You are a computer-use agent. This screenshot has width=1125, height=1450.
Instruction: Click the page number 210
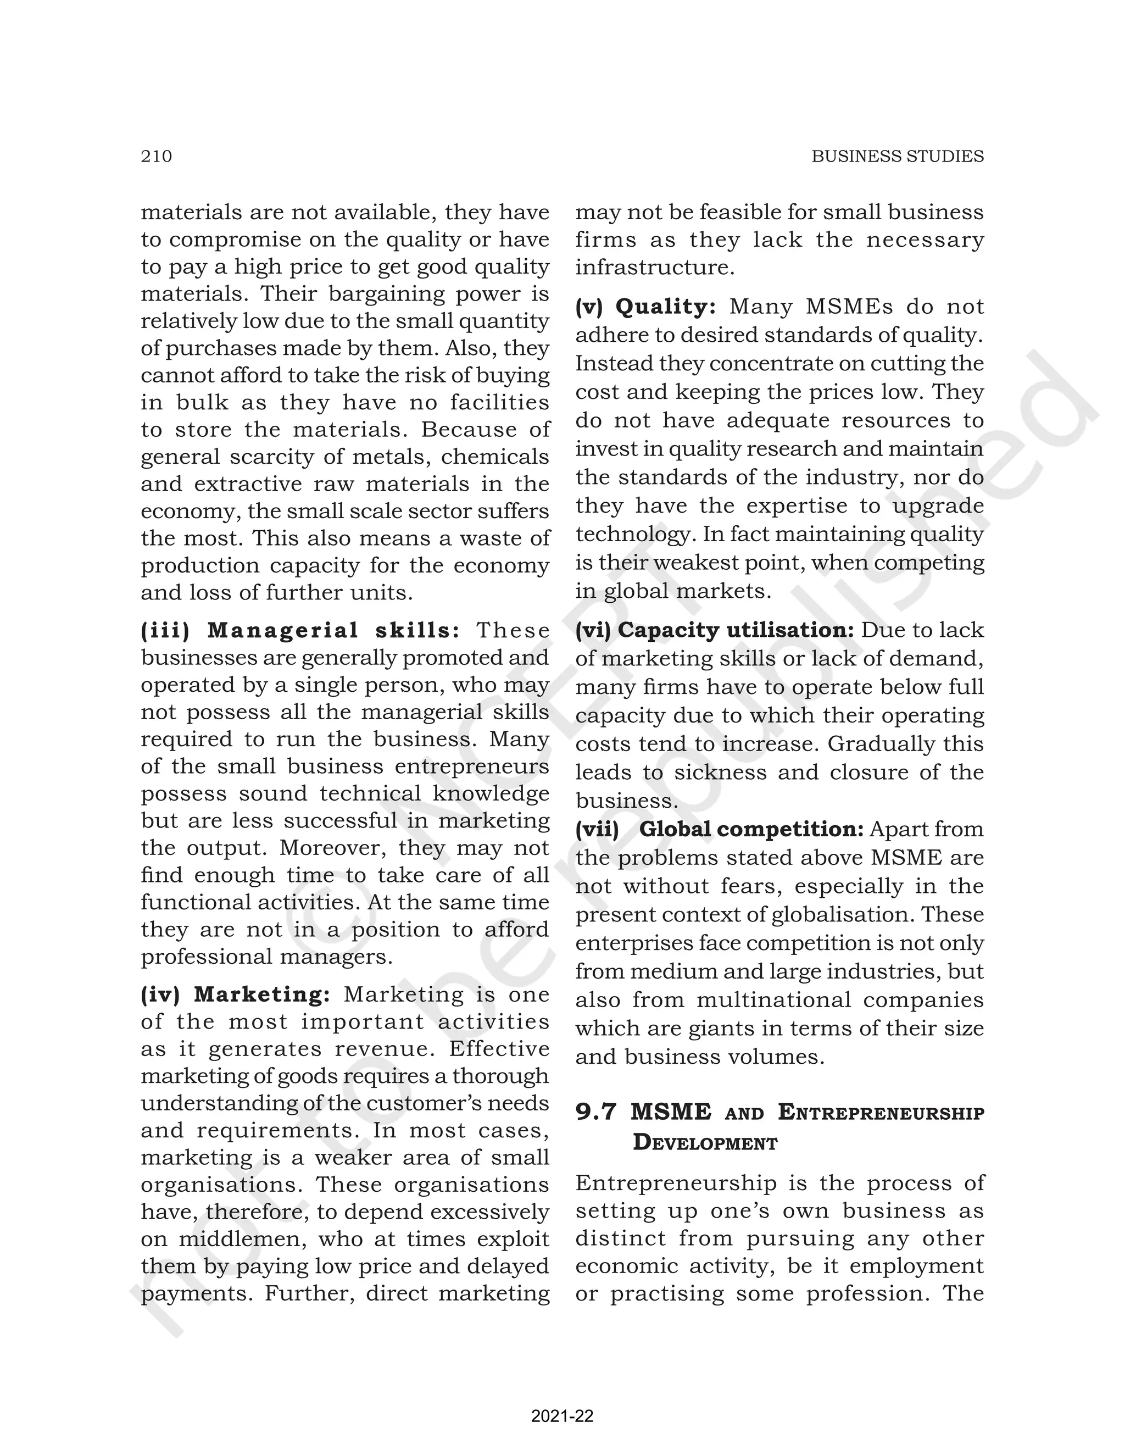tap(156, 156)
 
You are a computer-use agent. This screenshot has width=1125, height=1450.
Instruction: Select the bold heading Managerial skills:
tap(334, 630)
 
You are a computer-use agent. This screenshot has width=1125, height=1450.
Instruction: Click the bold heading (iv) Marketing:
tap(236, 994)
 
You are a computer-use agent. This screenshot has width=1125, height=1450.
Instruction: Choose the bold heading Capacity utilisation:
tap(736, 630)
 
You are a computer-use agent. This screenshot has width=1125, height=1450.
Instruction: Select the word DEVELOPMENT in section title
tap(705, 1143)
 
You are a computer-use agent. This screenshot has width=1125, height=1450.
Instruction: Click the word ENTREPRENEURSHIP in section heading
tap(881, 1112)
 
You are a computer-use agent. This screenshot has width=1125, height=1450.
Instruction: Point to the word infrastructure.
tap(654, 268)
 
